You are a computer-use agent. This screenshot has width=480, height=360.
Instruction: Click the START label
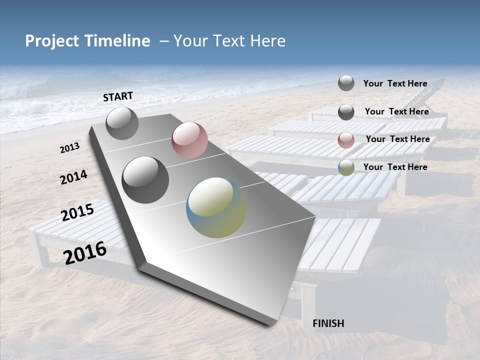(x=118, y=96)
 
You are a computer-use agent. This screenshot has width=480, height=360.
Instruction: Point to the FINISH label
(x=328, y=323)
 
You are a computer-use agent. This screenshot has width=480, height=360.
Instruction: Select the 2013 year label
(x=69, y=148)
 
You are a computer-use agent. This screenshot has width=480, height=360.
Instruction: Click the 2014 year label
(x=73, y=177)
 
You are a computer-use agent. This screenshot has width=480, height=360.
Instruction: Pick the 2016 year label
(x=85, y=252)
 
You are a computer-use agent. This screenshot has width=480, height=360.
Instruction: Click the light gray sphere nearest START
(x=122, y=123)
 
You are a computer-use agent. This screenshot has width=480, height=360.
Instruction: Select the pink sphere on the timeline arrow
(x=189, y=140)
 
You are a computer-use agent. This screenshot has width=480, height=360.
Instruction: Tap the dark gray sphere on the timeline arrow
(x=145, y=179)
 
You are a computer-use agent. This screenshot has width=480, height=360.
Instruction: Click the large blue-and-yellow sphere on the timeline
(x=216, y=207)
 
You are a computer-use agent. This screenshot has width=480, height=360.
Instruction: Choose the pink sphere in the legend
(x=346, y=140)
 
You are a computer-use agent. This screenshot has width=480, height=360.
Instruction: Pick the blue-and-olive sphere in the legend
(x=346, y=167)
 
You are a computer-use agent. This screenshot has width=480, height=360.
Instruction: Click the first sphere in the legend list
(x=346, y=83)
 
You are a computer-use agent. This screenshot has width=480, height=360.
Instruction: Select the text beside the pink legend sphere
(x=397, y=139)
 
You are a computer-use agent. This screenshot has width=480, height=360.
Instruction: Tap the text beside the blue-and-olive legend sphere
(x=395, y=167)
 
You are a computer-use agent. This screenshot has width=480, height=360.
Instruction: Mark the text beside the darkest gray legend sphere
(x=396, y=111)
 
